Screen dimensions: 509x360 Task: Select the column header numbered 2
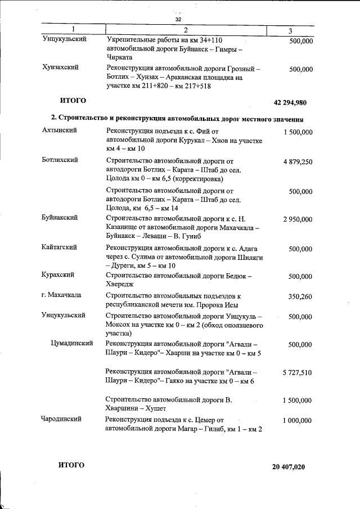pos(185,29)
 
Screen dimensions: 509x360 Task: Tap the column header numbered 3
pos(290,30)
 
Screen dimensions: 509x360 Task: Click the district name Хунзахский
pos(60,67)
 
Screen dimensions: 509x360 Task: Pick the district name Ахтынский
pos(59,130)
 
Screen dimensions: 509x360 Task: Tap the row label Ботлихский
pos(61,160)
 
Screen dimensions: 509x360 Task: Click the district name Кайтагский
pos(60,247)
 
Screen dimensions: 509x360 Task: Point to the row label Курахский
pos(58,275)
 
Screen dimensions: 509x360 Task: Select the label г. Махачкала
pos(62,295)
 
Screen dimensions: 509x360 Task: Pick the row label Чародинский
pos(62,419)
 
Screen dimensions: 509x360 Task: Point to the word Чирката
pos(119,57)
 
